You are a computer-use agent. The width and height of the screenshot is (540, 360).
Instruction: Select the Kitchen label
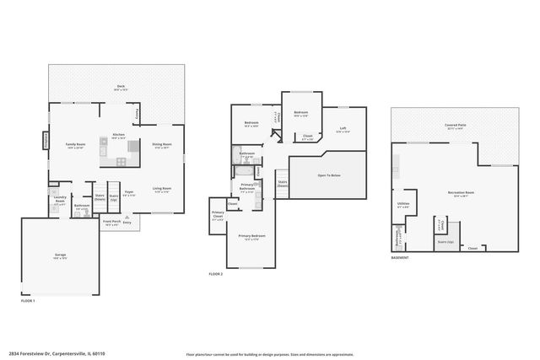point(119,136)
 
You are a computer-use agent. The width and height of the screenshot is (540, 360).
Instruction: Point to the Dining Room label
point(161,146)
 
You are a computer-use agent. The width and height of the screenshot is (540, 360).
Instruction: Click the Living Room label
point(162,189)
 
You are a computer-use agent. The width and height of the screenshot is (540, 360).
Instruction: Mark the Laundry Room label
point(61,201)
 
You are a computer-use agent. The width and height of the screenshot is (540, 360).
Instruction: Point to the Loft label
point(342,130)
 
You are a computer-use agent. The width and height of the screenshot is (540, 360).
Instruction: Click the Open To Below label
point(328,175)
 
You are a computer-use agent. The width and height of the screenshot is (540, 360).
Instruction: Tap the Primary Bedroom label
point(250,237)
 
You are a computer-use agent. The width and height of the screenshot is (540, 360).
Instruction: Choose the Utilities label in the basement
point(402,205)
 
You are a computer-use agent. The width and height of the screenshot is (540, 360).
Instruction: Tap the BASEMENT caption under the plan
point(400,257)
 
